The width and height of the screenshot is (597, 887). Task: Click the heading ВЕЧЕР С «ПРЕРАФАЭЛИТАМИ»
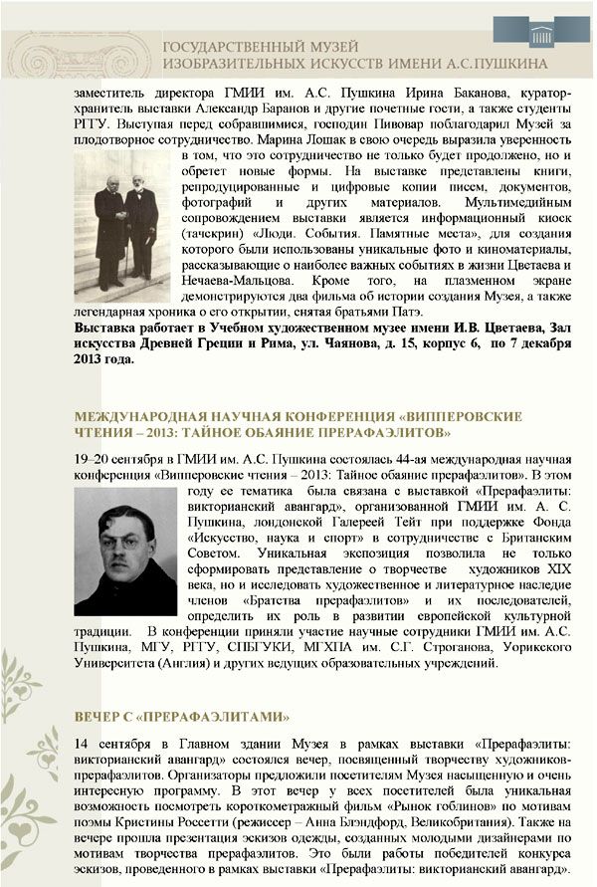click(181, 716)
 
